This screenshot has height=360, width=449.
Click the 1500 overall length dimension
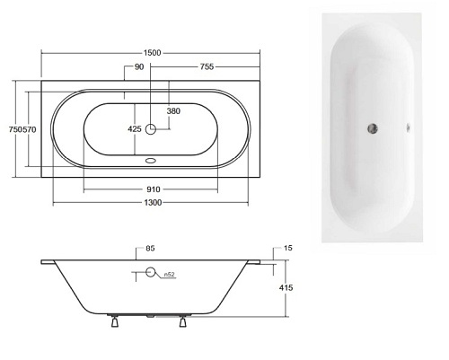152,53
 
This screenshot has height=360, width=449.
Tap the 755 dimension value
207,66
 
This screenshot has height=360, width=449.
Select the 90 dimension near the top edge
139,66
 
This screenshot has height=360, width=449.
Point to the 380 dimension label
173,111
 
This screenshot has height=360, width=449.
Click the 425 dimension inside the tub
135,129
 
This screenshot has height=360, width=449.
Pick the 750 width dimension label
15,129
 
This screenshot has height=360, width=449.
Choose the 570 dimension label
30,129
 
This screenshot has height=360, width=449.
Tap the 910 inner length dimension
154,189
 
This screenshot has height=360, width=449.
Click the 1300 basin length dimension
153,203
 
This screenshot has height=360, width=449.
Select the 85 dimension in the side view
150,248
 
